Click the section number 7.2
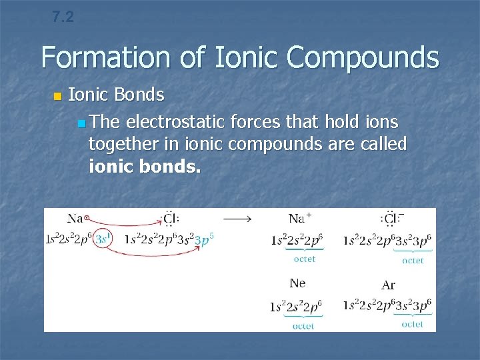tap(63, 17)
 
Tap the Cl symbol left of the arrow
tap(171, 218)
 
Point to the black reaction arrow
tap(237, 218)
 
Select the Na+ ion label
tap(301, 218)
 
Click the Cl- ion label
tap(392, 218)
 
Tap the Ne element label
tap(297, 283)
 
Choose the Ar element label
tap(388, 285)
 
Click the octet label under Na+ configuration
tap(305, 259)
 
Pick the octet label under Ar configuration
tap(412, 324)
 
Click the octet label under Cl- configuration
tap(412, 261)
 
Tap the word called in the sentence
tap(387, 144)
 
